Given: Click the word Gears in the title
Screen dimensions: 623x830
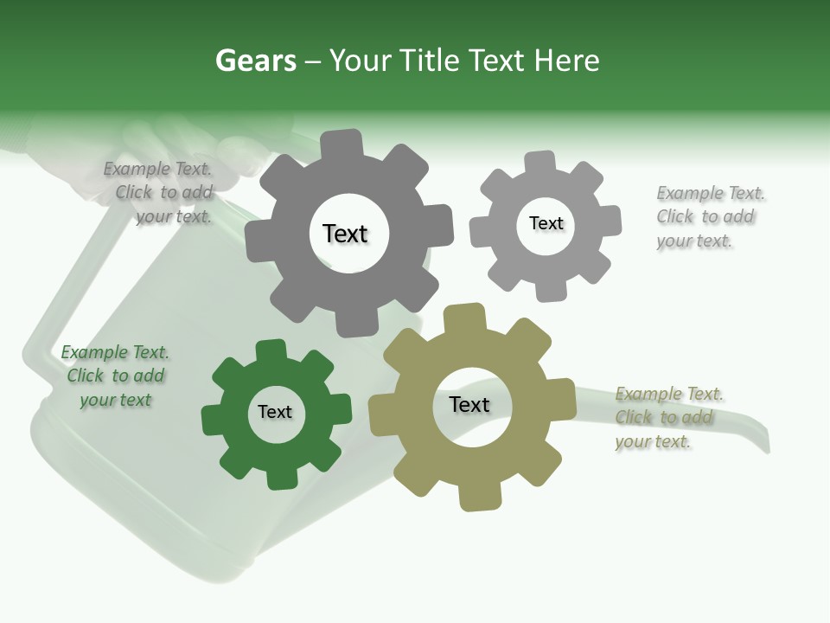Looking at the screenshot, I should (x=255, y=61).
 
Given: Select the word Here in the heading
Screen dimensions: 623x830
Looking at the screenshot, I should (x=565, y=61).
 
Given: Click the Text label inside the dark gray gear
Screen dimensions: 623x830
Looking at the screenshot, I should (x=345, y=234).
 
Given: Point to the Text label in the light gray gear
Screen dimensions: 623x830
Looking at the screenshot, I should (x=546, y=223).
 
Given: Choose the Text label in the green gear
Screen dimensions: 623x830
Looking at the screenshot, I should (x=275, y=412).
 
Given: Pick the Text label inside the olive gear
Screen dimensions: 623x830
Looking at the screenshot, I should (x=469, y=404).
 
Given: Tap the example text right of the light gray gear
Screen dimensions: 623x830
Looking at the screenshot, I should (x=709, y=216).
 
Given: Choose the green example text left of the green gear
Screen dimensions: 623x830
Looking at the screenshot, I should (x=115, y=376).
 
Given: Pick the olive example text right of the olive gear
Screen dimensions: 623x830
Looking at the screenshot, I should (x=668, y=417).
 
